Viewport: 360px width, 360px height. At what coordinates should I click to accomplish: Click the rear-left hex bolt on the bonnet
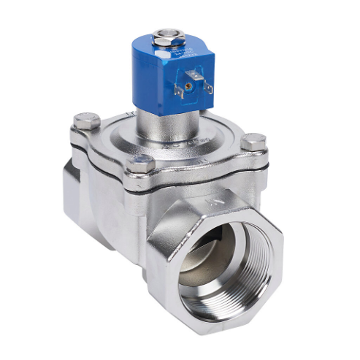[87, 121]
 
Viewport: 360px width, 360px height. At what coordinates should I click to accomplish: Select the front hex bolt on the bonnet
[141, 164]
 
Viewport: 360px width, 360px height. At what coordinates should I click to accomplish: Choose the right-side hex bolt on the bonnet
[253, 142]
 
